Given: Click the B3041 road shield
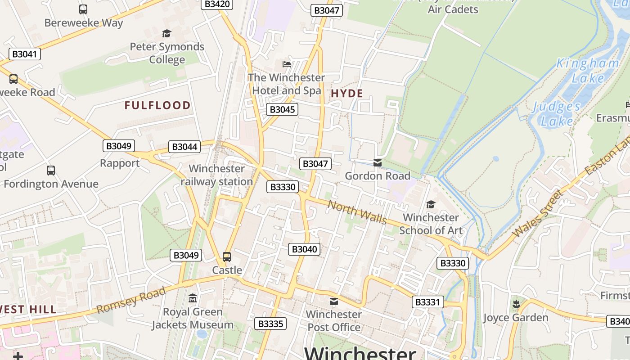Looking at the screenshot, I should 24,54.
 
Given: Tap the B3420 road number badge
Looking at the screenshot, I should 217,4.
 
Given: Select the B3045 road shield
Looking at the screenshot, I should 282,109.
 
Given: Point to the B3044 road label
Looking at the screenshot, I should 184,147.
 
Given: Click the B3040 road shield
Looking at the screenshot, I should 304,249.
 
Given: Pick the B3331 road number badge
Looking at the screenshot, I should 427,302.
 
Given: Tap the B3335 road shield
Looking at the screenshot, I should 270,324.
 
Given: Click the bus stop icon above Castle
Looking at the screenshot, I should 227,257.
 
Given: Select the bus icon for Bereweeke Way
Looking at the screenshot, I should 83,9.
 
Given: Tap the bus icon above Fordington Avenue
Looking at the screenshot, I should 51,171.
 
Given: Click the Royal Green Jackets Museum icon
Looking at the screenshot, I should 193,298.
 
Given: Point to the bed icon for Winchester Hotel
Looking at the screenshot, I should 287,64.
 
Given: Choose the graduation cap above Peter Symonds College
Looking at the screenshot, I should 167,33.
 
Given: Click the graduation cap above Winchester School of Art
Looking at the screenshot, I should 431,205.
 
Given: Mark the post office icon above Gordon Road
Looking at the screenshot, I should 378,162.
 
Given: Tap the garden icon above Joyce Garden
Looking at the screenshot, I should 516,304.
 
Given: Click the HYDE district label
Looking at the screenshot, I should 347,94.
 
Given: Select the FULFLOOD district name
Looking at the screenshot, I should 157,106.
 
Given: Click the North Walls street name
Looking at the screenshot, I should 357,212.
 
